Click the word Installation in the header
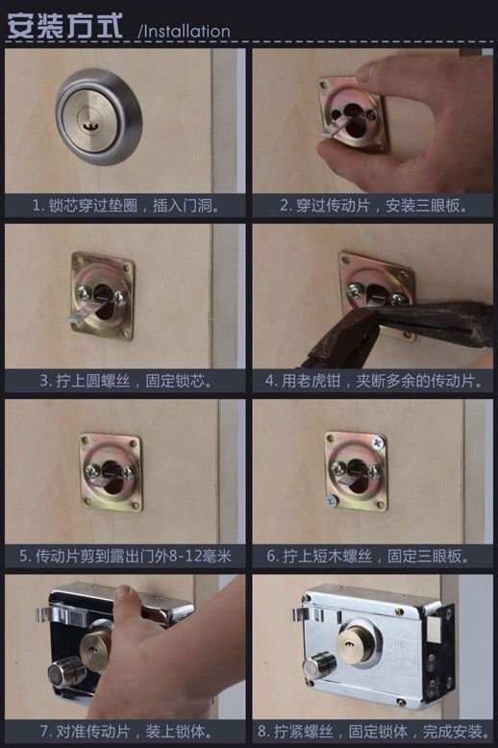pyautogui.click(x=187, y=31)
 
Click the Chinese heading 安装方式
pyautogui.click(x=64, y=25)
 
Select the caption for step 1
pyautogui.click(x=126, y=206)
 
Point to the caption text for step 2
pyautogui.click(x=373, y=206)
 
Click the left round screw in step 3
pyautogui.click(x=84, y=293)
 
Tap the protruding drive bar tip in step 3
pyautogui.click(x=74, y=320)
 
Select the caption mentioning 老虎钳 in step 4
pyautogui.click(x=373, y=381)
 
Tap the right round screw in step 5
pyautogui.click(x=129, y=472)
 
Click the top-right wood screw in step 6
pyautogui.click(x=378, y=442)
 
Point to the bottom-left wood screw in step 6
pyautogui.click(x=333, y=501)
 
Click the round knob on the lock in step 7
pyautogui.click(x=65, y=671)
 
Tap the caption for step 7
pyautogui.click(x=126, y=731)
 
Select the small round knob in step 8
pyautogui.click(x=318, y=667)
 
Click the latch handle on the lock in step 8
pyautogui.click(x=308, y=615)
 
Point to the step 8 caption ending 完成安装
pyautogui.click(x=373, y=731)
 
